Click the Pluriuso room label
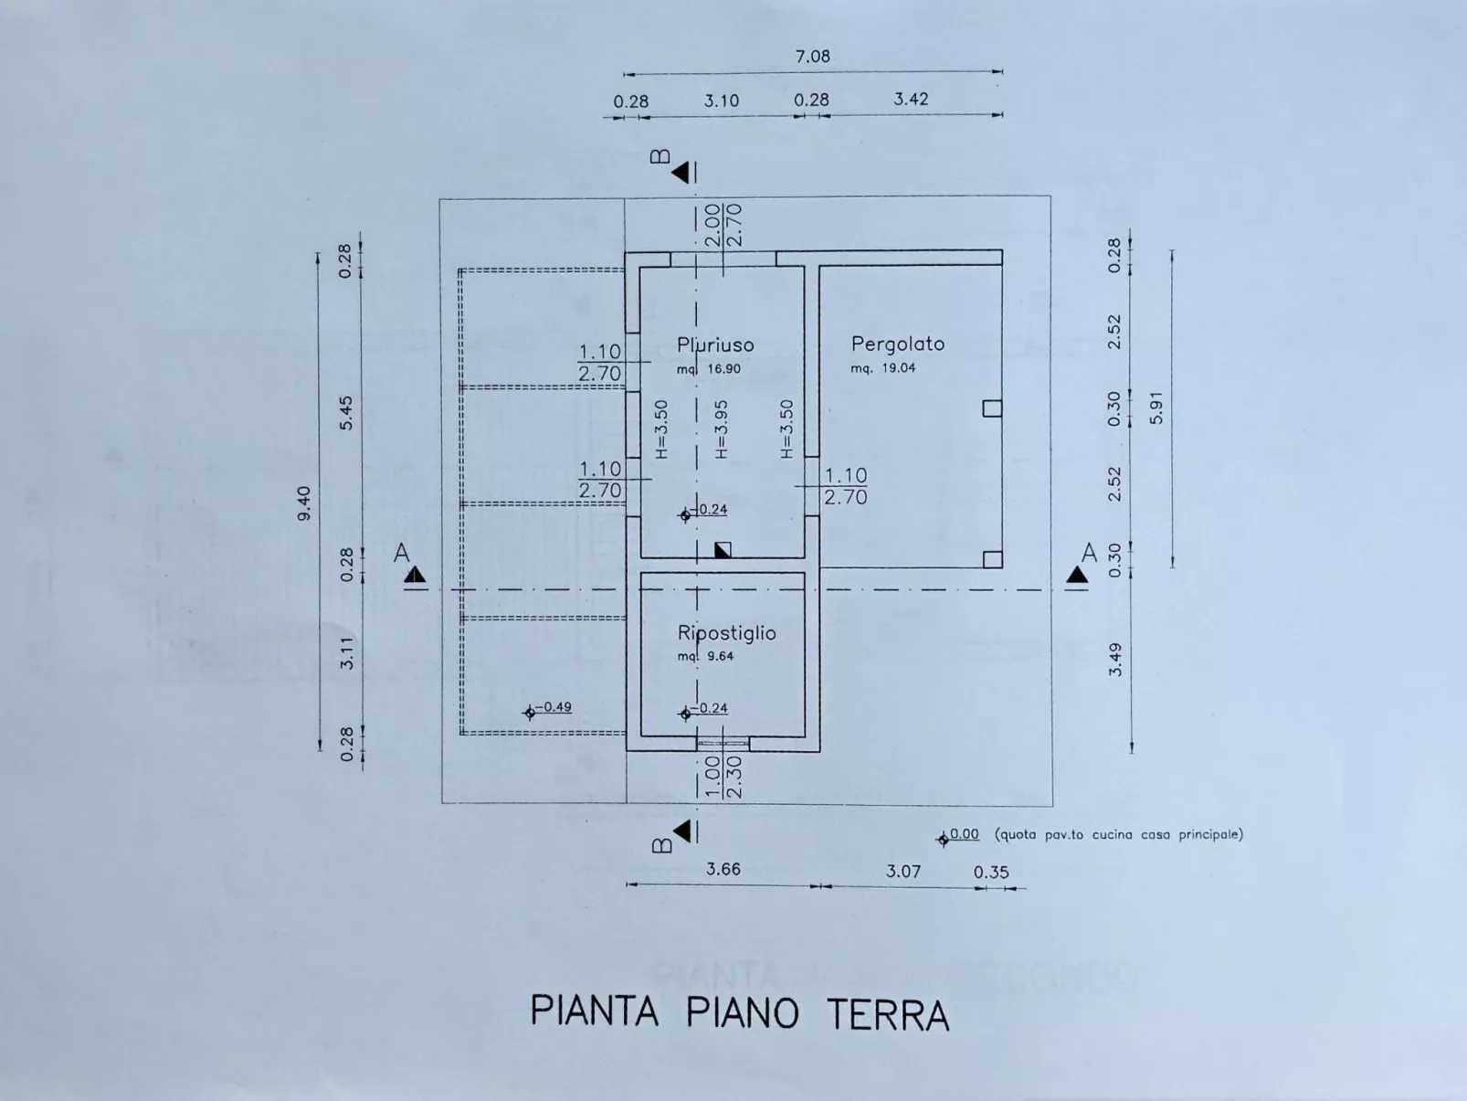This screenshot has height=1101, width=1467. click(x=715, y=345)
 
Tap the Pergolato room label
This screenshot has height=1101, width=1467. click(x=898, y=344)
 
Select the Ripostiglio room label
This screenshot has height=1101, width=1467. click(x=726, y=633)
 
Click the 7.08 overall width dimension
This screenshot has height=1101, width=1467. click(x=812, y=56)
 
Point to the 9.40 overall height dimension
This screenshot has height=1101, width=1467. click(x=304, y=503)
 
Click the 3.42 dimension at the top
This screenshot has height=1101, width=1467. click(x=911, y=99)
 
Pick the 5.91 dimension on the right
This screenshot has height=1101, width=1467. click(x=1157, y=408)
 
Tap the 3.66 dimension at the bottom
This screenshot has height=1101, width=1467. click(x=723, y=869)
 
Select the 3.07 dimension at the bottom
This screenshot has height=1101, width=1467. click(x=902, y=872)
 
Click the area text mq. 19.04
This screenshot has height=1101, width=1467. click(x=883, y=368)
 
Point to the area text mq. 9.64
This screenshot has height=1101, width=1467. click(x=705, y=656)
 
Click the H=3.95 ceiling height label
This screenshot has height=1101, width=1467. click(x=721, y=429)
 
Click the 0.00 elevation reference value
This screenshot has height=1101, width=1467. click(x=964, y=833)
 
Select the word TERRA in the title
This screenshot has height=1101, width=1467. click(x=888, y=1015)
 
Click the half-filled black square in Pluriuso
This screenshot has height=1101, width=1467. click(x=723, y=550)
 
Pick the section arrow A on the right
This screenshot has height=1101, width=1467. click(x=1077, y=574)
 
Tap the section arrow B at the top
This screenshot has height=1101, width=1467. click(x=681, y=173)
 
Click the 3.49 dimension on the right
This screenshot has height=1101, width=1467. click(x=1115, y=660)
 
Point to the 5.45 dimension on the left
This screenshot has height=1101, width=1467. click(x=345, y=414)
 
